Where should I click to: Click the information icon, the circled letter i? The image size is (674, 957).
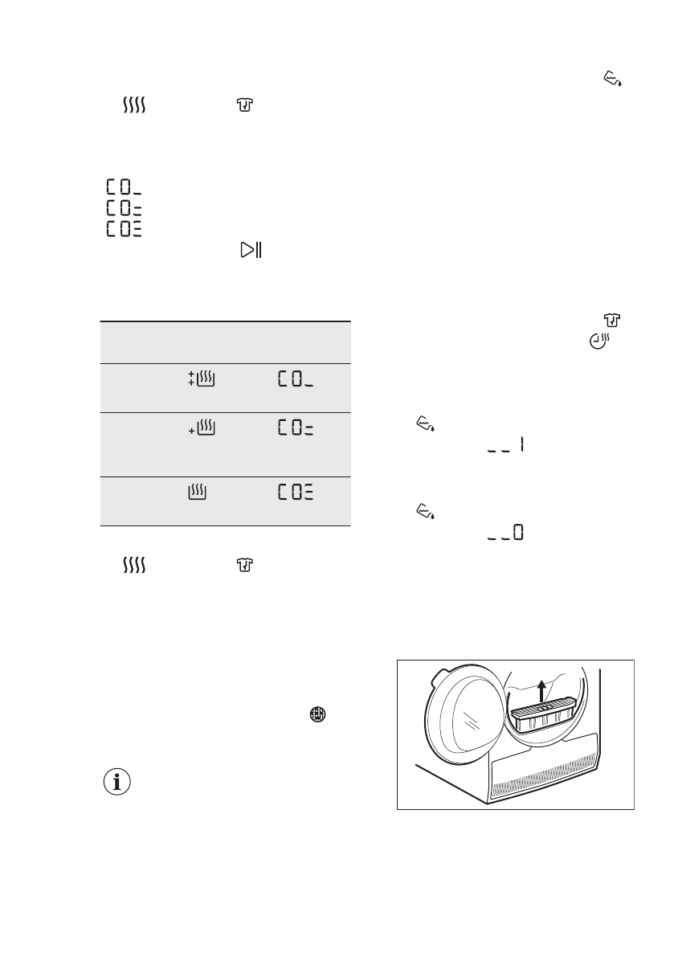[x=119, y=782]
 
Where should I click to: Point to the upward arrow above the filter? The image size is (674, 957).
[x=543, y=690]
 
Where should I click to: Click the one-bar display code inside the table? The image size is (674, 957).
[x=296, y=381]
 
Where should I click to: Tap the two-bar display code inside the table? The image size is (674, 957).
[x=296, y=430]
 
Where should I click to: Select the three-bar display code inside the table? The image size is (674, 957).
[x=296, y=492]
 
